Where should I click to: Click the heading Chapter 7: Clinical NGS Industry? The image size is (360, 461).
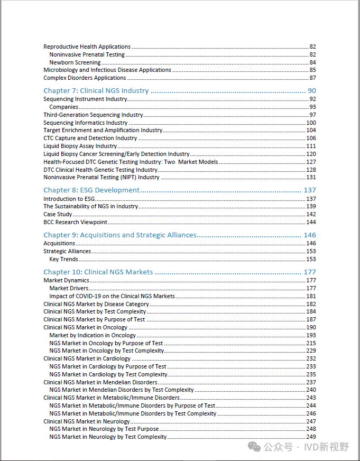[x=96, y=91]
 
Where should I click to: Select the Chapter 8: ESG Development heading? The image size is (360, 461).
[x=91, y=190]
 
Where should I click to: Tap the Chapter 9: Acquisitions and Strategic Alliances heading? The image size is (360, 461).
[x=120, y=235]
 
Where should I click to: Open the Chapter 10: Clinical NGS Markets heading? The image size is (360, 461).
[x=98, y=272]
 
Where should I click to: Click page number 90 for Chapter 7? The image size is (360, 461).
[x=311, y=91]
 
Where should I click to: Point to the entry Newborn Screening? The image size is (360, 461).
[x=75, y=62]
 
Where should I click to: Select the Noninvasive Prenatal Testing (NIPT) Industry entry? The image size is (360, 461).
[x=101, y=177]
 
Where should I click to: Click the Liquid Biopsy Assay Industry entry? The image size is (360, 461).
[x=80, y=146]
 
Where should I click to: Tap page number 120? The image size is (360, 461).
[x=311, y=154]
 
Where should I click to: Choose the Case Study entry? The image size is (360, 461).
[x=58, y=214]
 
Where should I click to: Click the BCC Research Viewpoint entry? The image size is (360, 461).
[x=75, y=222]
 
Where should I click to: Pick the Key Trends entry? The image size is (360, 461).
[x=63, y=259]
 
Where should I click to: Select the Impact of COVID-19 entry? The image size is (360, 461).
[x=112, y=296]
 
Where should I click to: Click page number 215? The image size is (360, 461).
[x=311, y=343]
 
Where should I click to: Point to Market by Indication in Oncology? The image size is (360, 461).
[x=93, y=335]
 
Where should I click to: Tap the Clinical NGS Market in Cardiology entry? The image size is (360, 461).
[x=87, y=358]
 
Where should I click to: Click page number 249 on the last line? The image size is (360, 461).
[x=311, y=437]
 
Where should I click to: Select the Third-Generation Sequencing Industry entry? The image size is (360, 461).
[x=93, y=115]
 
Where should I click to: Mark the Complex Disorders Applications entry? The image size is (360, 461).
[x=85, y=78]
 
